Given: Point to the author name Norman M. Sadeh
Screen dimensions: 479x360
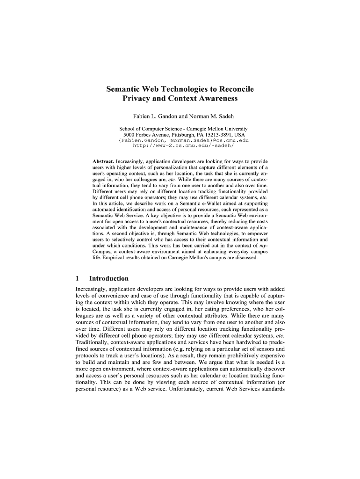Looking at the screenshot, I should click(207, 116).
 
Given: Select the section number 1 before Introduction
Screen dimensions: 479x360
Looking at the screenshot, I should click(78, 278).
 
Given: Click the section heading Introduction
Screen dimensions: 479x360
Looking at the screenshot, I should click(109, 278).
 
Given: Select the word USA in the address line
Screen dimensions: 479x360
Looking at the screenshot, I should click(239, 134).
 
